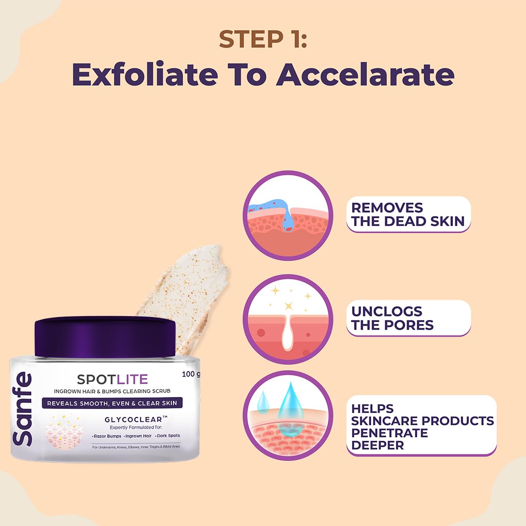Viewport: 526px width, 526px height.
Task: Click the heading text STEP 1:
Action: [263, 39]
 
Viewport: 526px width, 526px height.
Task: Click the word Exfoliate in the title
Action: [145, 74]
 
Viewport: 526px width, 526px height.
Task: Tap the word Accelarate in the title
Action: [365, 74]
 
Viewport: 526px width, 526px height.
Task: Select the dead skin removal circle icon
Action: [288, 215]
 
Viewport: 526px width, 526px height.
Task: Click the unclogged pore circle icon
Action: [288, 319]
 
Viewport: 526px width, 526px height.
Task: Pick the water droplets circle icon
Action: [288, 415]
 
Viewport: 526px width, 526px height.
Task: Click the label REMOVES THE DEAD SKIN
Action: [408, 214]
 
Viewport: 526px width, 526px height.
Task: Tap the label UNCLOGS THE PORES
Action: [408, 318]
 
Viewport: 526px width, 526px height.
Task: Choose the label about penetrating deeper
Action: [421, 426]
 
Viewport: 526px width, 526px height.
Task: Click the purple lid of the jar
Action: [105, 337]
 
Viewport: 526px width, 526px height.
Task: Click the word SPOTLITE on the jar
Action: [113, 379]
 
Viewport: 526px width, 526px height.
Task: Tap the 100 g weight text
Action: [190, 374]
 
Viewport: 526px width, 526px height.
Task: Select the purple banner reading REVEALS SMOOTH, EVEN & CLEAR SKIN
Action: [112, 403]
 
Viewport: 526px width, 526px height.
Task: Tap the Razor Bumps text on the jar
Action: [107, 436]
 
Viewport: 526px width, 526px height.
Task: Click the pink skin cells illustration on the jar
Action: [64, 432]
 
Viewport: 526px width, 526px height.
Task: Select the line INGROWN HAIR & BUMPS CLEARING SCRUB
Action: [112, 391]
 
